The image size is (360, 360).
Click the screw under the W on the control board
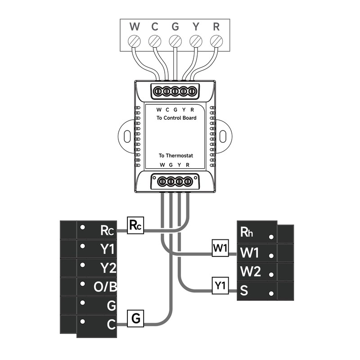(134, 41)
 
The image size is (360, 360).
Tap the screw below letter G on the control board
(175, 41)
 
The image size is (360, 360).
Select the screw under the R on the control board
(216, 41)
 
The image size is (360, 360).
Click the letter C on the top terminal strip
(155, 27)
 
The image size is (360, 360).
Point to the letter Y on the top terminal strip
(196, 27)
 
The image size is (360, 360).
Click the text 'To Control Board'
(176, 118)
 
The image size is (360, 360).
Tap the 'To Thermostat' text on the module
(176, 155)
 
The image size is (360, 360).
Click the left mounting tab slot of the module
(127, 136)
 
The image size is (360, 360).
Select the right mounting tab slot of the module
(223, 136)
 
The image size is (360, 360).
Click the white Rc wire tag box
(135, 225)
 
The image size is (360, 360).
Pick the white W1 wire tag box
(220, 248)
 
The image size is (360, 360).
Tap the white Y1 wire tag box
(220, 286)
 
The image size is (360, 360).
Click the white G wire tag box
(135, 319)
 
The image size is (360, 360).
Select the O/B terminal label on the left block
(105, 287)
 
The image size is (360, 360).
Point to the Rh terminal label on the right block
(247, 232)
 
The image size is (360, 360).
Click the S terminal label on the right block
(244, 290)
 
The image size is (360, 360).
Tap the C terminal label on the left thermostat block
(111, 324)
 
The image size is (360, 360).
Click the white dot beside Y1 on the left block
(83, 246)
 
